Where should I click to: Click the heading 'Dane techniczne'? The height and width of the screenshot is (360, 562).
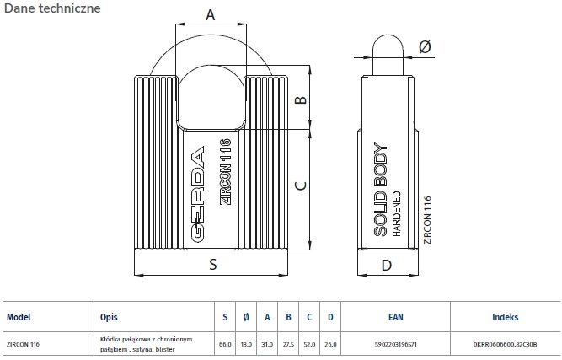click(52, 9)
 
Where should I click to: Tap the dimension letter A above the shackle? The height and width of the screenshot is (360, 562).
click(211, 14)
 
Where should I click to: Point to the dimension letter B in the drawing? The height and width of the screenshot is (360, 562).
click(299, 101)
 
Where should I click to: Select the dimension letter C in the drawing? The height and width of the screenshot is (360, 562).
click(299, 185)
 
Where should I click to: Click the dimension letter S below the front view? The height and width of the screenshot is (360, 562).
click(212, 265)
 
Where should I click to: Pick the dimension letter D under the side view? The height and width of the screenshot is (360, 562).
click(386, 265)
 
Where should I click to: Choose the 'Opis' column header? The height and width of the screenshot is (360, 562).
click(109, 318)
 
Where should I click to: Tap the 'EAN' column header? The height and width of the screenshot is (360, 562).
click(395, 318)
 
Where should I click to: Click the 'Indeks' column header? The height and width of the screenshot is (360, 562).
click(505, 318)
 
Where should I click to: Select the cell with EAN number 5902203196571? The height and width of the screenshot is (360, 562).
click(395, 345)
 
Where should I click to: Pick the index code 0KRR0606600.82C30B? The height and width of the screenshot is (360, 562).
click(505, 345)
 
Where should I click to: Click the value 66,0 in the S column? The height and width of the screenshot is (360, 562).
click(225, 345)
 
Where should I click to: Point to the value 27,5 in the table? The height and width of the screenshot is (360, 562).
click(288, 345)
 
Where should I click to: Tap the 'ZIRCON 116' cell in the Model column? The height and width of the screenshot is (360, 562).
click(24, 345)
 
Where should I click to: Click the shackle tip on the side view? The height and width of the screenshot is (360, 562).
click(385, 42)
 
